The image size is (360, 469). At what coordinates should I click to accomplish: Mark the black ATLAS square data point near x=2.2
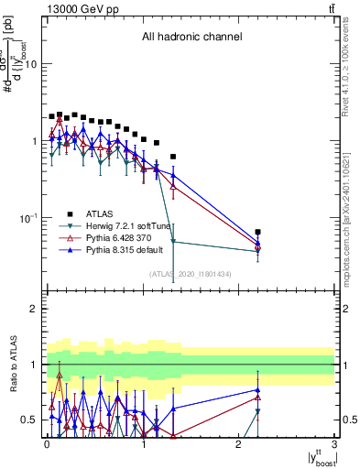point(258,233)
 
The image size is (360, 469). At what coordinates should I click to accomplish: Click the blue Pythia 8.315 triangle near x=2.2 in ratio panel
point(258,390)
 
